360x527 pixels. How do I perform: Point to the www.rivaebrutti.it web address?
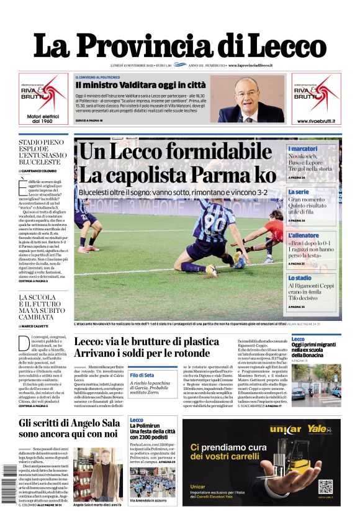point(317,120)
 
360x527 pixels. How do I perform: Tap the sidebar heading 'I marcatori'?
point(302,149)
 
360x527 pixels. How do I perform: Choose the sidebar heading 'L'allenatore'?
point(304,236)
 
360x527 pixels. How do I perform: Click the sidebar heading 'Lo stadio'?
point(300,278)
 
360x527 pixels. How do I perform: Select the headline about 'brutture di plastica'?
point(146,348)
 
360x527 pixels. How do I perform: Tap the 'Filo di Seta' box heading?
point(142,376)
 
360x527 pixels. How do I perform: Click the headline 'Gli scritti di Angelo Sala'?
point(68,429)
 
